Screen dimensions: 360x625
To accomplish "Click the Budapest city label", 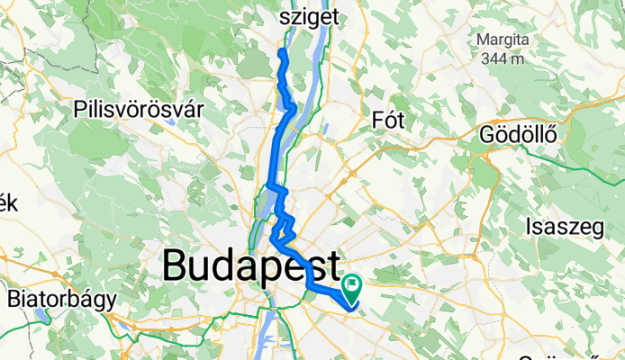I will pos(252,267).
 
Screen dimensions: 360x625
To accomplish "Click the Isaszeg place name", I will pos(566,227).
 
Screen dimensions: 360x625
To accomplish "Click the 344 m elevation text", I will pos(503,59).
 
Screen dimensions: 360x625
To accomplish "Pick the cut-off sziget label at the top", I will pos(310,16).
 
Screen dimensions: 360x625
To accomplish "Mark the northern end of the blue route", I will pos(282,53).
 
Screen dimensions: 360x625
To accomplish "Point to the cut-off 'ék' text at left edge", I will pos(7,203).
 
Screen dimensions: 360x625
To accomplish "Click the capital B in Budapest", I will pos(176,267).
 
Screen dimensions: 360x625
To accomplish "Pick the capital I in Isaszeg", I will pos(531,227).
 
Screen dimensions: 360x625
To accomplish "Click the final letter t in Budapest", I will pos(333,267).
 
